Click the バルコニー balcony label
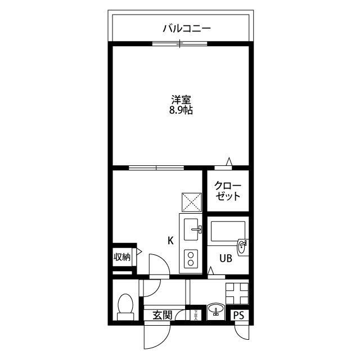(179, 28)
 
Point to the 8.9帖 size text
(180, 111)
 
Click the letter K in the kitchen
(170, 240)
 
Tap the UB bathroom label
(225, 258)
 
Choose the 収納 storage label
(122, 258)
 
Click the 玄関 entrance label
(162, 316)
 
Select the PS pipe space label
(240, 316)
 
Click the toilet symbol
(125, 305)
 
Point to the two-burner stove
(191, 259)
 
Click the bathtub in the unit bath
(227, 231)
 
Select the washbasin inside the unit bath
(242, 246)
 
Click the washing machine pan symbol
(237, 292)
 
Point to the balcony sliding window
(179, 43)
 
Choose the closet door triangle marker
(228, 163)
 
